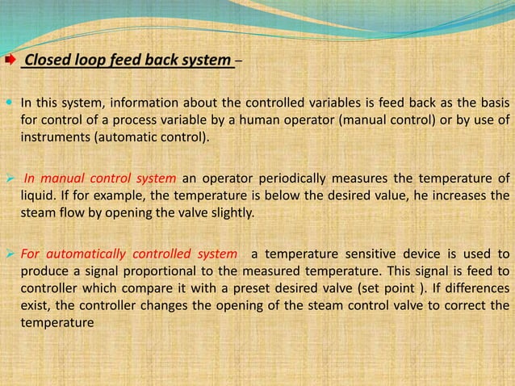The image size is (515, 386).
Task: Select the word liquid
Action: [37, 195]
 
